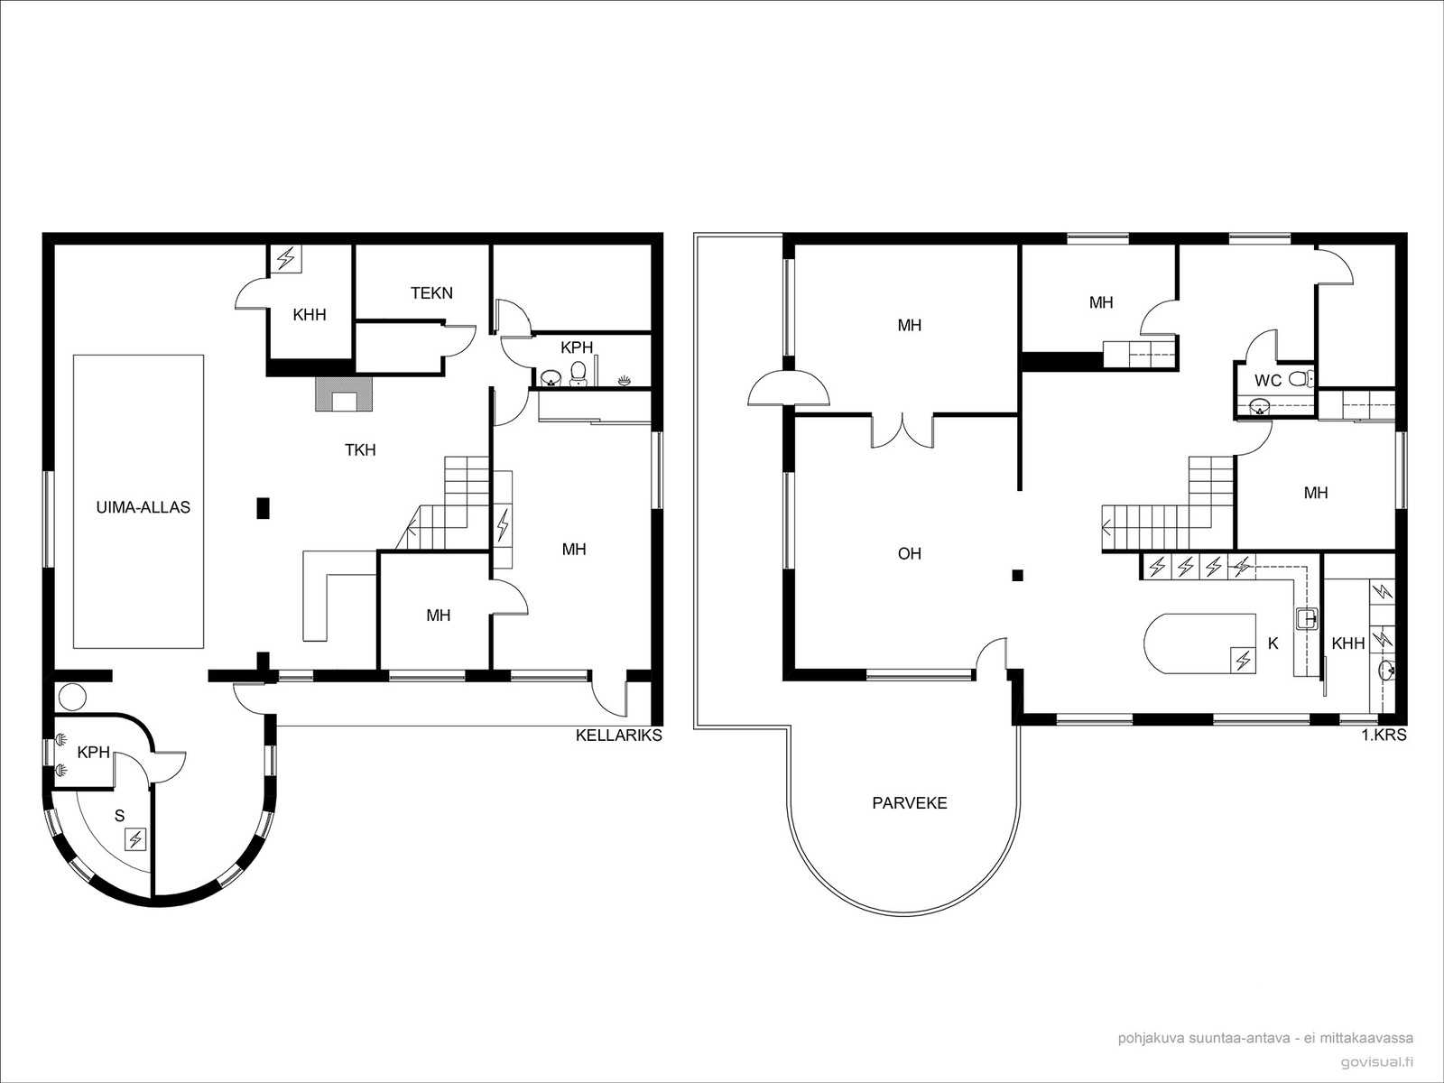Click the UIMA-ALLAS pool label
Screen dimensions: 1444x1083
(143, 507)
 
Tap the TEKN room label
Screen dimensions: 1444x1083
(431, 292)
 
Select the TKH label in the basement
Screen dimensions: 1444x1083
(360, 449)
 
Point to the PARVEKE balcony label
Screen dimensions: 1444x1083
(909, 803)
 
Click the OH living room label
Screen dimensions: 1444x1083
(909, 553)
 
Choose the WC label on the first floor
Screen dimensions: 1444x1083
(1268, 380)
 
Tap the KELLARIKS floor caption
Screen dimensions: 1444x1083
(618, 736)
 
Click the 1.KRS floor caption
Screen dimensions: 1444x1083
(1384, 736)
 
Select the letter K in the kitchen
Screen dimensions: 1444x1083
(1273, 643)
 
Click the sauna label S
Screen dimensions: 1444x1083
(119, 816)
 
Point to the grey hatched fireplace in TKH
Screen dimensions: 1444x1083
(344, 393)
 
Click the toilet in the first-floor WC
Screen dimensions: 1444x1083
(1300, 379)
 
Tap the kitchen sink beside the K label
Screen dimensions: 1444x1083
(1307, 618)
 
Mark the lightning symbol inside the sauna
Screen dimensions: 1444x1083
(135, 839)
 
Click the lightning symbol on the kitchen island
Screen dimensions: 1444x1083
(1243, 661)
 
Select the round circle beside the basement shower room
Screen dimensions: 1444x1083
(71, 697)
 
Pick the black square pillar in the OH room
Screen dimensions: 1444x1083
(1018, 576)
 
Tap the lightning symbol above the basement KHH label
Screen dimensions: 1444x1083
(286, 258)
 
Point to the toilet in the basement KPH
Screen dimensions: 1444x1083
(579, 372)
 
